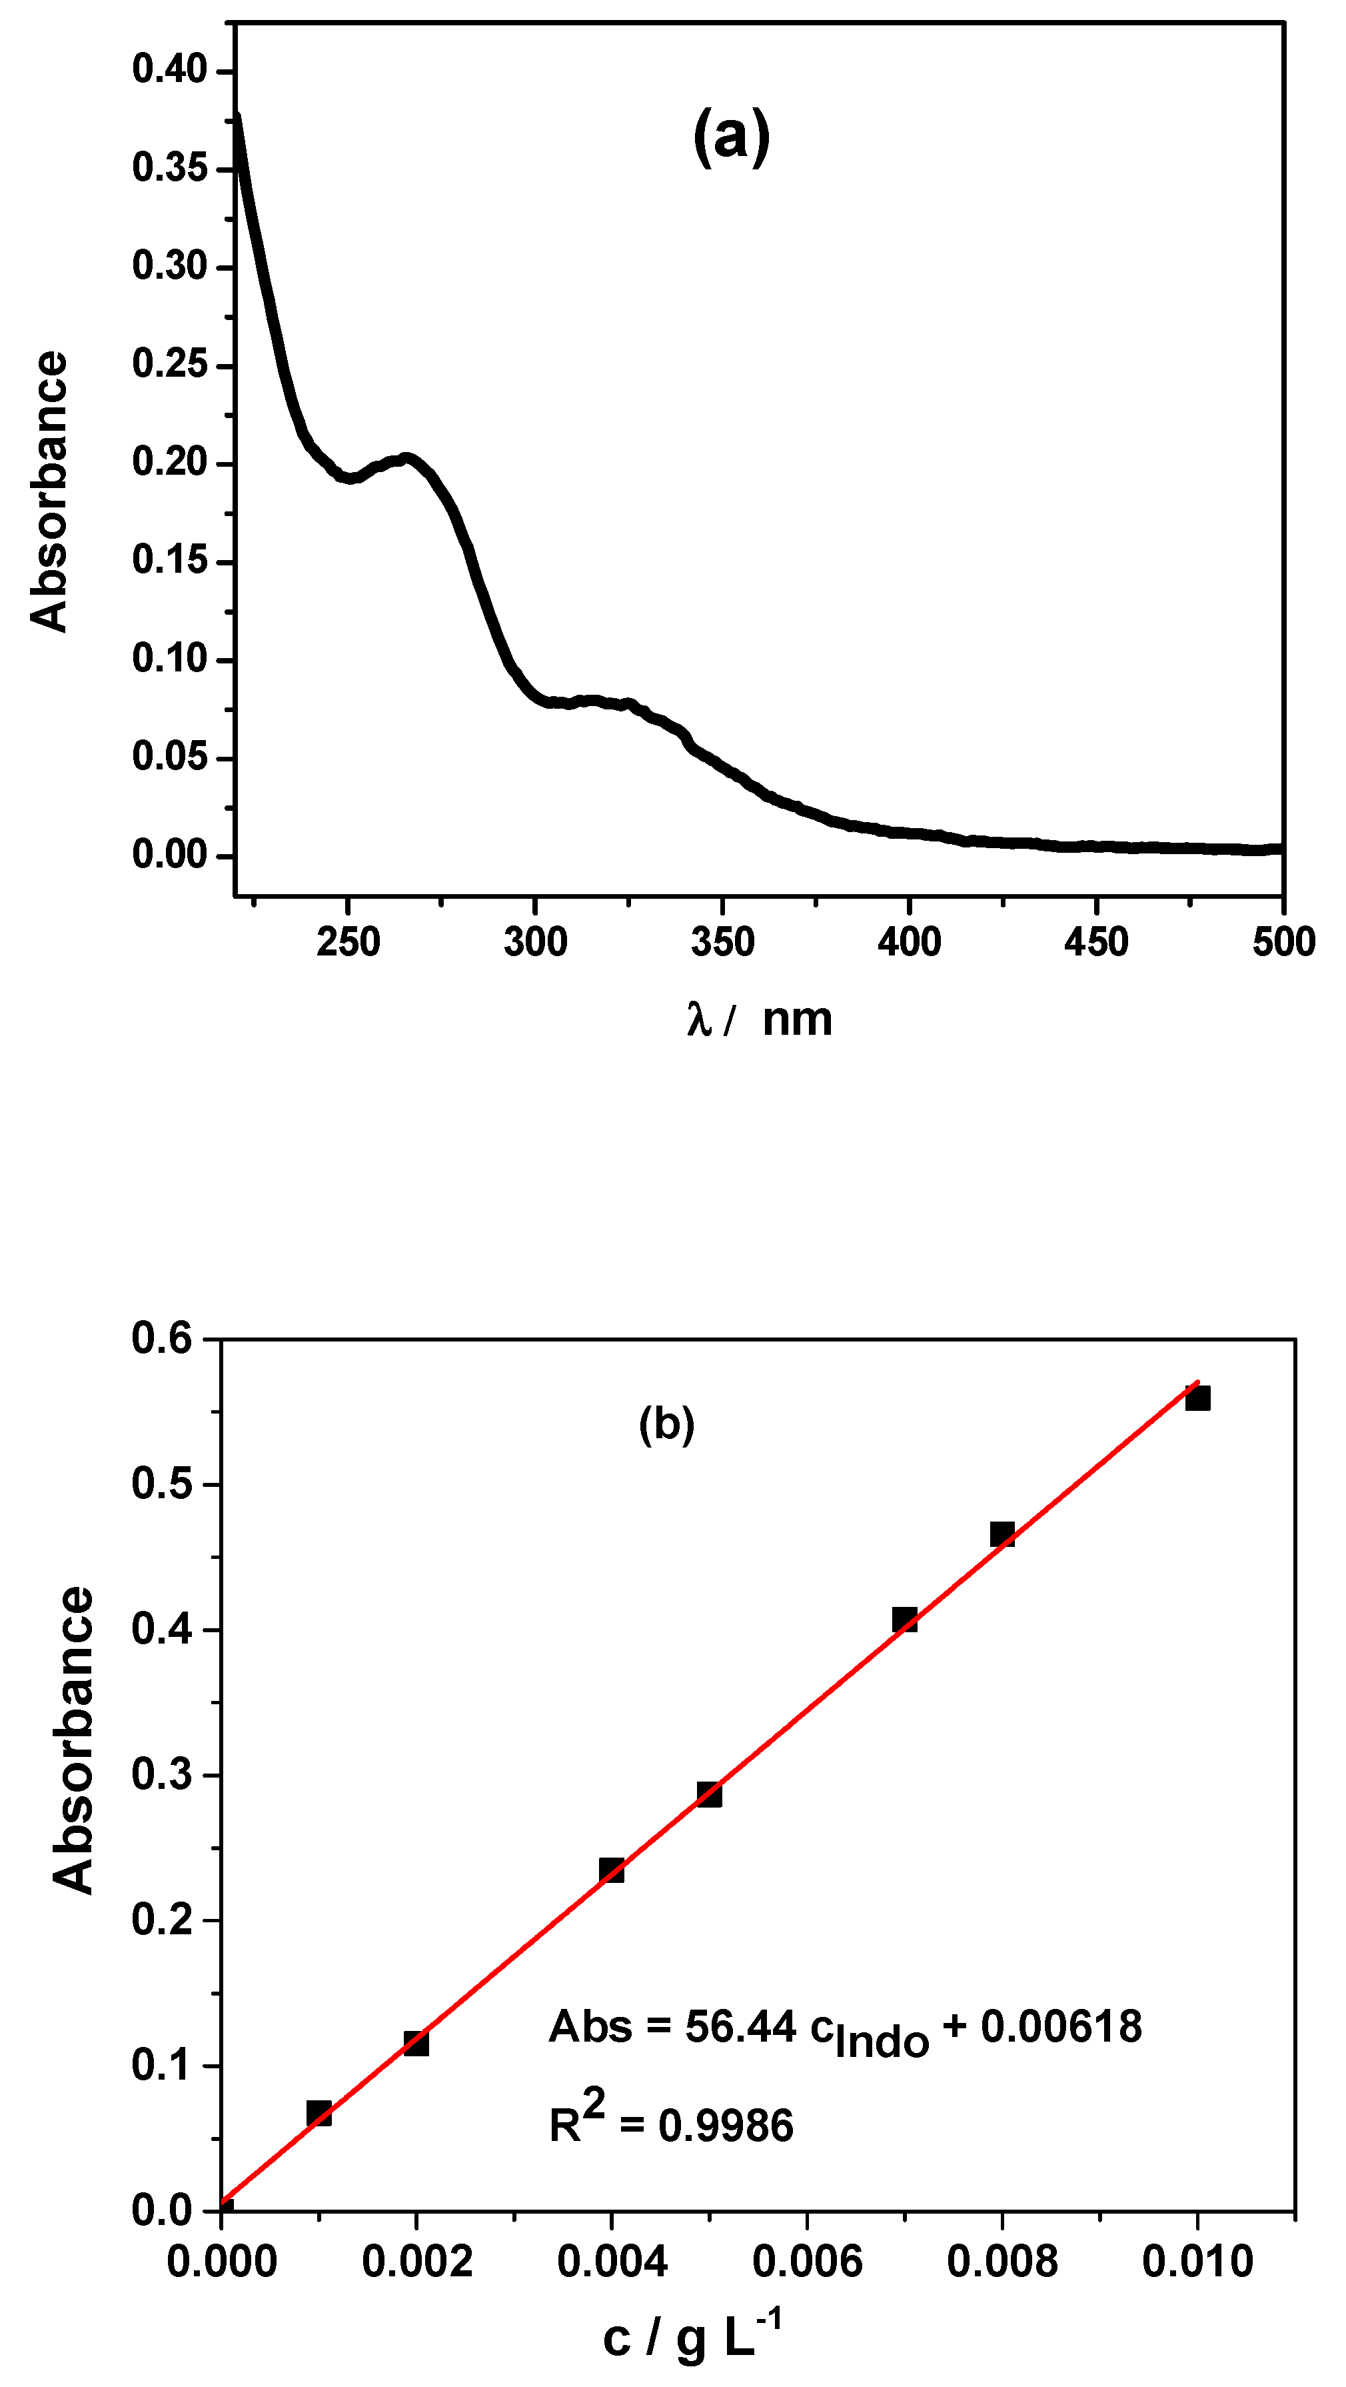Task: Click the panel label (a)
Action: (731, 137)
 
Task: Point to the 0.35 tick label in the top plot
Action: (169, 168)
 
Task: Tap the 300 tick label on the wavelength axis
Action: (536, 942)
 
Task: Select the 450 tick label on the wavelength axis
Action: (1096, 942)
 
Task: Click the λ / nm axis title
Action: (760, 1019)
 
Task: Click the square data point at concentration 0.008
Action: (1002, 1534)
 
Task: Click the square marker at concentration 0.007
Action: (904, 1619)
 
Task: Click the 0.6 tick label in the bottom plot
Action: (161, 1338)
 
